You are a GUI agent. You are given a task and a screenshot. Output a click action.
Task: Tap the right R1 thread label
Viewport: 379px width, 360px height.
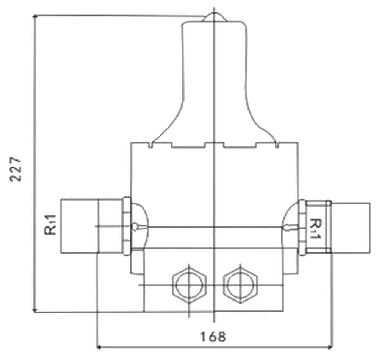[314, 228]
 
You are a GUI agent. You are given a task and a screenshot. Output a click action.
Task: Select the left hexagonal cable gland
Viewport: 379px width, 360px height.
[189, 285]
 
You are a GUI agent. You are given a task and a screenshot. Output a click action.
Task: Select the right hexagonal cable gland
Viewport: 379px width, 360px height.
[240, 285]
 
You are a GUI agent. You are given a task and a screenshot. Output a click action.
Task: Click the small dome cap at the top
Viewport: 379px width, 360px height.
[215, 17]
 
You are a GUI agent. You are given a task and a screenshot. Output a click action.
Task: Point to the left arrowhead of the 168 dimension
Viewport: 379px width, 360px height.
[100, 346]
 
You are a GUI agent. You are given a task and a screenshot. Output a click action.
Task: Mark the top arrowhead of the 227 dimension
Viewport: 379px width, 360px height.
[35, 17]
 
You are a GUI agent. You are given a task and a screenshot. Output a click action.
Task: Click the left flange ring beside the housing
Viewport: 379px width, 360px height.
[127, 226]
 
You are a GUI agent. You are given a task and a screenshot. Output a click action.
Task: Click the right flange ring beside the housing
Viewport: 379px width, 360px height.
[302, 227]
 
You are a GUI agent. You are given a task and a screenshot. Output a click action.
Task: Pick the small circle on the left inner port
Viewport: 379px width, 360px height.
[135, 226]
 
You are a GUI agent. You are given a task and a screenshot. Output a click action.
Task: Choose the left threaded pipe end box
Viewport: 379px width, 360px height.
[80, 226]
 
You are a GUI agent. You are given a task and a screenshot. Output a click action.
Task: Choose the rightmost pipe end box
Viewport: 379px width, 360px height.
[351, 228]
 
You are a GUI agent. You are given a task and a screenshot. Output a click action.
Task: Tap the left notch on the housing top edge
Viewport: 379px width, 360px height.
[150, 145]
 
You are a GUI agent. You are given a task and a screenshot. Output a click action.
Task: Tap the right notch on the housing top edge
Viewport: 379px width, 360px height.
[277, 145]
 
